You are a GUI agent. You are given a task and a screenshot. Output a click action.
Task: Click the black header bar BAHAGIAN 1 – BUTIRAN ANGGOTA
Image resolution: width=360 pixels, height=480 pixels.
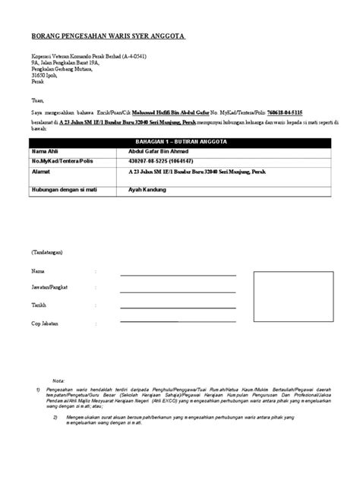177,143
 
